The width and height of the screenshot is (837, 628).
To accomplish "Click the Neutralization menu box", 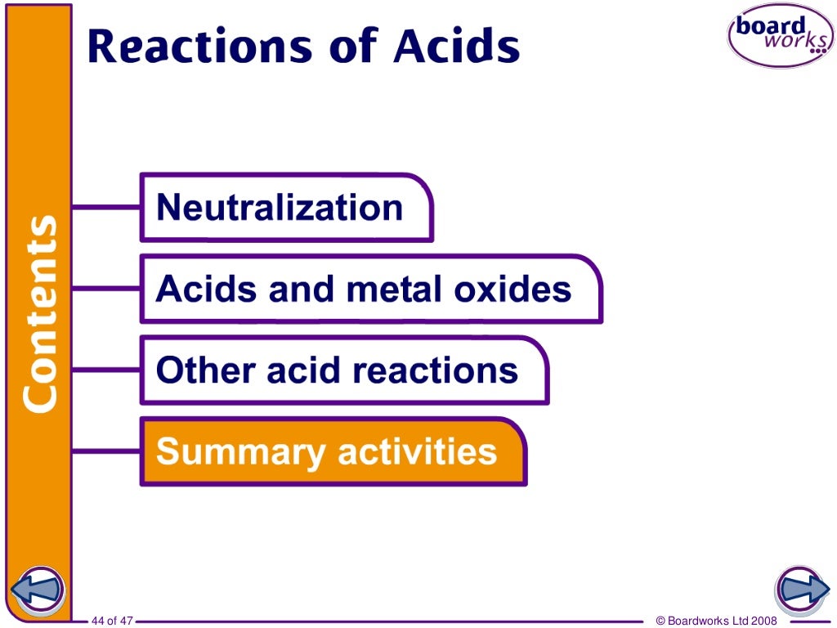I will point(285,208).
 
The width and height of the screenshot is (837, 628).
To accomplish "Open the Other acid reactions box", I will point(343,370).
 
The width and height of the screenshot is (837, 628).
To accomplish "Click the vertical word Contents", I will point(39,312).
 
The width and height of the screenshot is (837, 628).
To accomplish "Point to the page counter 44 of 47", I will point(112,621).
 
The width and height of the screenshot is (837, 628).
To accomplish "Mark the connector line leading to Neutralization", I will point(106,207).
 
